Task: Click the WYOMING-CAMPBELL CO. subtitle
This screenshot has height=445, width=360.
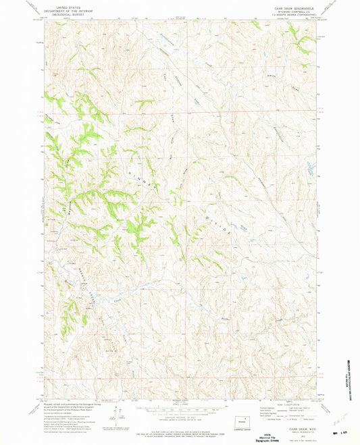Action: [x=292, y=12]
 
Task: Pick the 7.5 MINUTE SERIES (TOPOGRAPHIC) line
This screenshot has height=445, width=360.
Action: [x=292, y=16]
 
